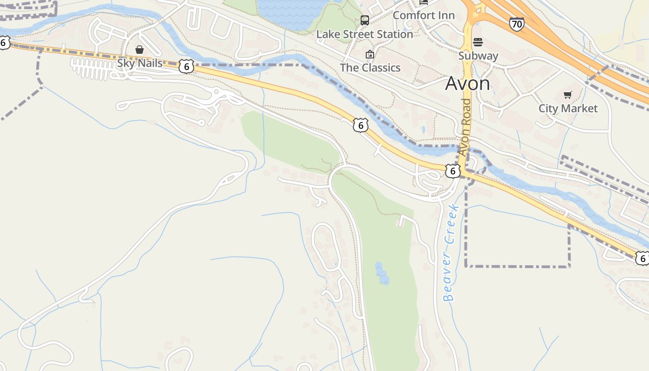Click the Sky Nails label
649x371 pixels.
click(140, 63)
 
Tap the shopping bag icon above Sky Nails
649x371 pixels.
click(139, 49)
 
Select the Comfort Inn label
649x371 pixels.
click(423, 15)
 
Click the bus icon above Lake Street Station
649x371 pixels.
click(365, 20)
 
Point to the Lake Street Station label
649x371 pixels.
click(364, 34)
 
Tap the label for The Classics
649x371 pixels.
click(370, 68)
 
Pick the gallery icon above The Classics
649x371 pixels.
click(369, 55)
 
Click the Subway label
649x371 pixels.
click(478, 56)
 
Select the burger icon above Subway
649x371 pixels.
click(478, 43)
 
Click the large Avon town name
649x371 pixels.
click(467, 83)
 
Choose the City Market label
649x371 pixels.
click(568, 109)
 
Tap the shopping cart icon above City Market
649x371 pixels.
click(567, 95)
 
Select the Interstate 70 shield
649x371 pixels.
click(516, 24)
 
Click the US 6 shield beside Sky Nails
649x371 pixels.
click(186, 66)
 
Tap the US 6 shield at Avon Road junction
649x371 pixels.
click(453, 171)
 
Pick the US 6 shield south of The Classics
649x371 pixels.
click(360, 125)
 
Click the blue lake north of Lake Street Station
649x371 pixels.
click(292, 12)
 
